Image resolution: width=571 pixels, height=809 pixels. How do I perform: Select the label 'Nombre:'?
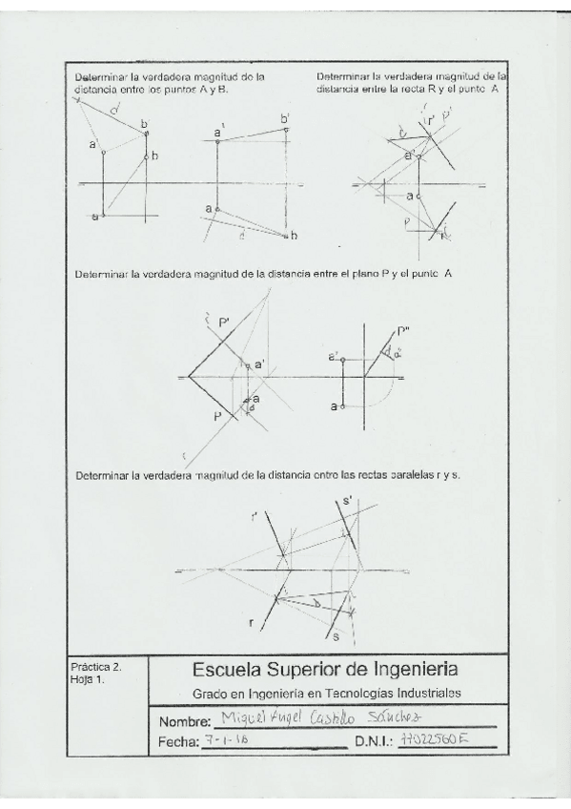coord(184,719)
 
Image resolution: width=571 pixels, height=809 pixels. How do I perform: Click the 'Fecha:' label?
coord(179,740)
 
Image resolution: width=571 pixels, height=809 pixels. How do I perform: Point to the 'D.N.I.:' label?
coord(376,740)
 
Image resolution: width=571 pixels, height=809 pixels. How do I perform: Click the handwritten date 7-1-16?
coord(222,738)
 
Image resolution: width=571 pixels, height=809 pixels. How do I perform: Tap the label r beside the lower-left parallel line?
coord(252,623)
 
